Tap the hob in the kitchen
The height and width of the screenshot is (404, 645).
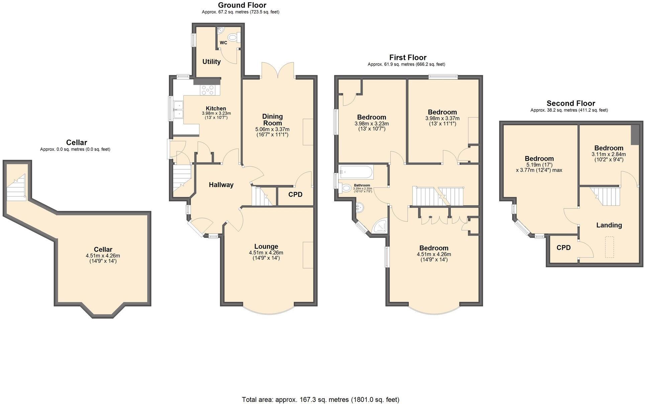[x=207, y=90]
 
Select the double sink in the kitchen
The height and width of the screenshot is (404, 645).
[x=178, y=109]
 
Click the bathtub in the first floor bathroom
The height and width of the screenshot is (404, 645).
[x=356, y=172]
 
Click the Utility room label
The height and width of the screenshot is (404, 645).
[x=211, y=62]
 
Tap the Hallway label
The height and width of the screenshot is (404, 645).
[x=221, y=185]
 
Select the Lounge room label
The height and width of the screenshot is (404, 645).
[x=266, y=247]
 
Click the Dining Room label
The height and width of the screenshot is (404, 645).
[x=272, y=119]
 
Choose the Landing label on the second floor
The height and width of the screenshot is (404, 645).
[x=609, y=225]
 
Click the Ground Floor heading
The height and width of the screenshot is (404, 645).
[x=242, y=5]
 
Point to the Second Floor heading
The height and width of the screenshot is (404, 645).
[x=571, y=103]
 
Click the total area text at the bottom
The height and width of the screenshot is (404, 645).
[x=320, y=399]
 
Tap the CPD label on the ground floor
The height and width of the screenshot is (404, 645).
[x=295, y=194]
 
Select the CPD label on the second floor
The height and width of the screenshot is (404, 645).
[x=564, y=248]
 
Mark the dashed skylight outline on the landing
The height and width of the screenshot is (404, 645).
[x=610, y=247]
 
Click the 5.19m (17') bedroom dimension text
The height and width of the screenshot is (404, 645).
[x=539, y=165]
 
